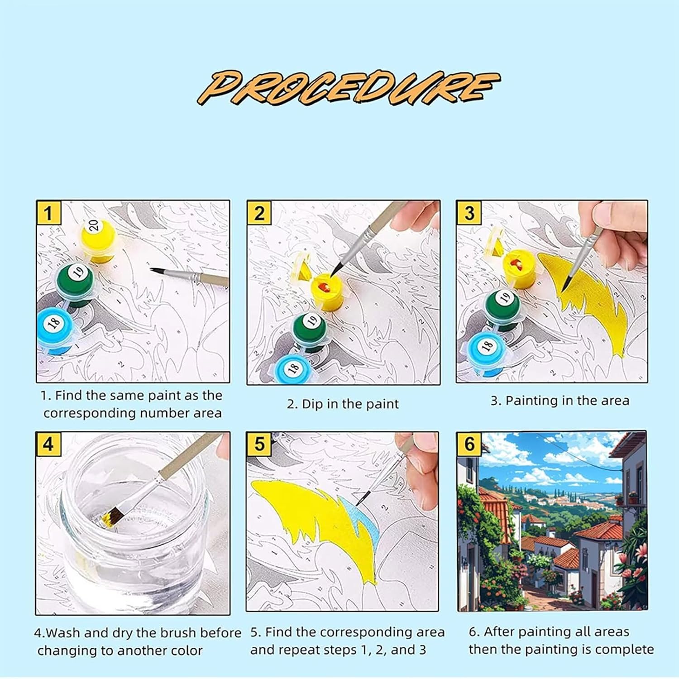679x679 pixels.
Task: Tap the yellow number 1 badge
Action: [48, 212]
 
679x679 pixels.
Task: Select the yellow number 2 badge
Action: [259, 212]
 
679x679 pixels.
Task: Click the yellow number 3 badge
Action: [469, 212]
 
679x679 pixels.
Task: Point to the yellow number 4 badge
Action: [48, 444]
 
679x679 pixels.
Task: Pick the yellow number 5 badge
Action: [259, 444]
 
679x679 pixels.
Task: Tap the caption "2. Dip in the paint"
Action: [343, 404]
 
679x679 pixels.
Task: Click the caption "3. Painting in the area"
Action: [560, 401]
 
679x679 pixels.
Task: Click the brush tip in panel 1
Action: [157, 270]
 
